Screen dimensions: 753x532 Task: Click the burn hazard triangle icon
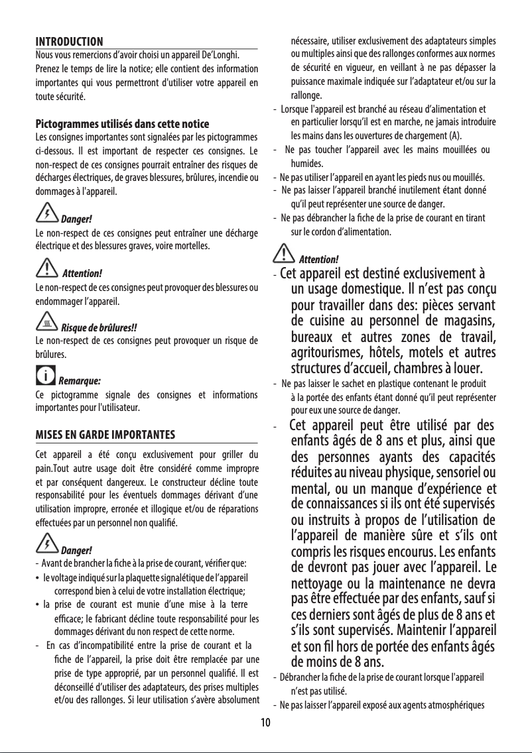(47, 323)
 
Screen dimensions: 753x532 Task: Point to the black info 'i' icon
(46, 378)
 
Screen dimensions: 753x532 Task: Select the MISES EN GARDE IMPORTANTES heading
(105, 435)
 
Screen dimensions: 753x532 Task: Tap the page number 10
(265, 721)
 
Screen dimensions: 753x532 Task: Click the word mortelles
(193, 245)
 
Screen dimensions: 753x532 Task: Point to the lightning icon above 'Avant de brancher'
(47, 546)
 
